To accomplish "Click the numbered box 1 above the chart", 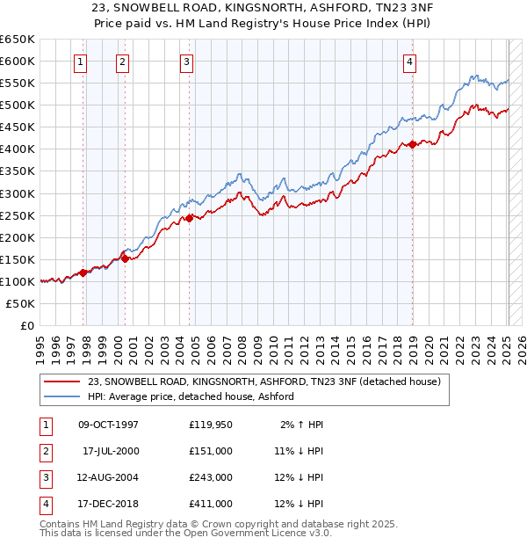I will (80, 62).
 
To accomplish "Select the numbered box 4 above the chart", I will (410, 62).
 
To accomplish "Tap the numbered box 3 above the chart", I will (188, 62).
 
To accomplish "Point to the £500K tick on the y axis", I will (17, 105).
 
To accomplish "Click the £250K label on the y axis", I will (17, 215).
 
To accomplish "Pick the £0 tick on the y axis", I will (27, 325).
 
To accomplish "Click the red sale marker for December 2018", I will (413, 144).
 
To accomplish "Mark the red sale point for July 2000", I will (126, 258).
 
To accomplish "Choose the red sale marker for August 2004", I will (189, 218).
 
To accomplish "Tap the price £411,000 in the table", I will (211, 504).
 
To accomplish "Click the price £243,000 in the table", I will (211, 477).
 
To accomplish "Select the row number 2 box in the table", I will (45, 451).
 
